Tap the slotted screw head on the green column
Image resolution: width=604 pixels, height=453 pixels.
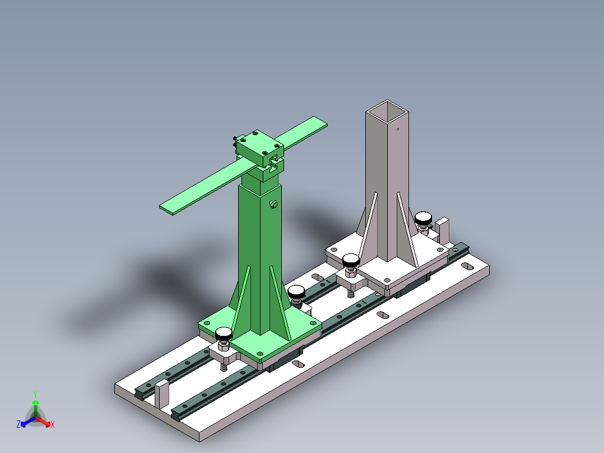273,205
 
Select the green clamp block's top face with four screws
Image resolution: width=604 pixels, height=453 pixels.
258,144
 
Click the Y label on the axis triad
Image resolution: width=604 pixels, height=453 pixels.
35,394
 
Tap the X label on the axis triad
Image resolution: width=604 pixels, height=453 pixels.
53,425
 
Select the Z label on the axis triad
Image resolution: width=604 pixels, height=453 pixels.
18,425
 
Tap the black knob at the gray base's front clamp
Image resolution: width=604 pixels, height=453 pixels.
351,260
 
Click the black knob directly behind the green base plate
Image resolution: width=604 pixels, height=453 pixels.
295,291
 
